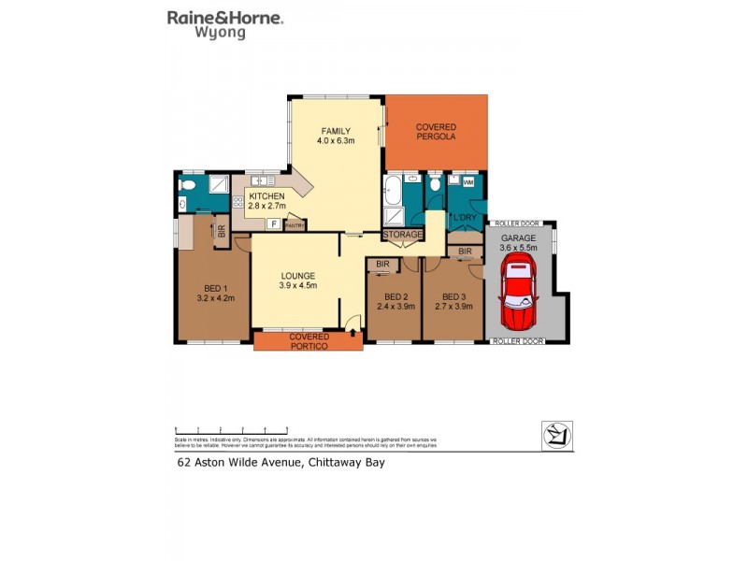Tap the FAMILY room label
(336, 131)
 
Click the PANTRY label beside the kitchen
(295, 224)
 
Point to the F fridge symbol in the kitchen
(273, 223)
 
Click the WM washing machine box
(467, 182)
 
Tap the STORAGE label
(402, 235)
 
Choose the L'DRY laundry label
(465, 219)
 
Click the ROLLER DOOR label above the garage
(518, 224)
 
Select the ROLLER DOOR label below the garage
(517, 342)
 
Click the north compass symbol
(557, 436)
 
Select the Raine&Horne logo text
(225, 17)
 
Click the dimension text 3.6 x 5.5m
(517, 248)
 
